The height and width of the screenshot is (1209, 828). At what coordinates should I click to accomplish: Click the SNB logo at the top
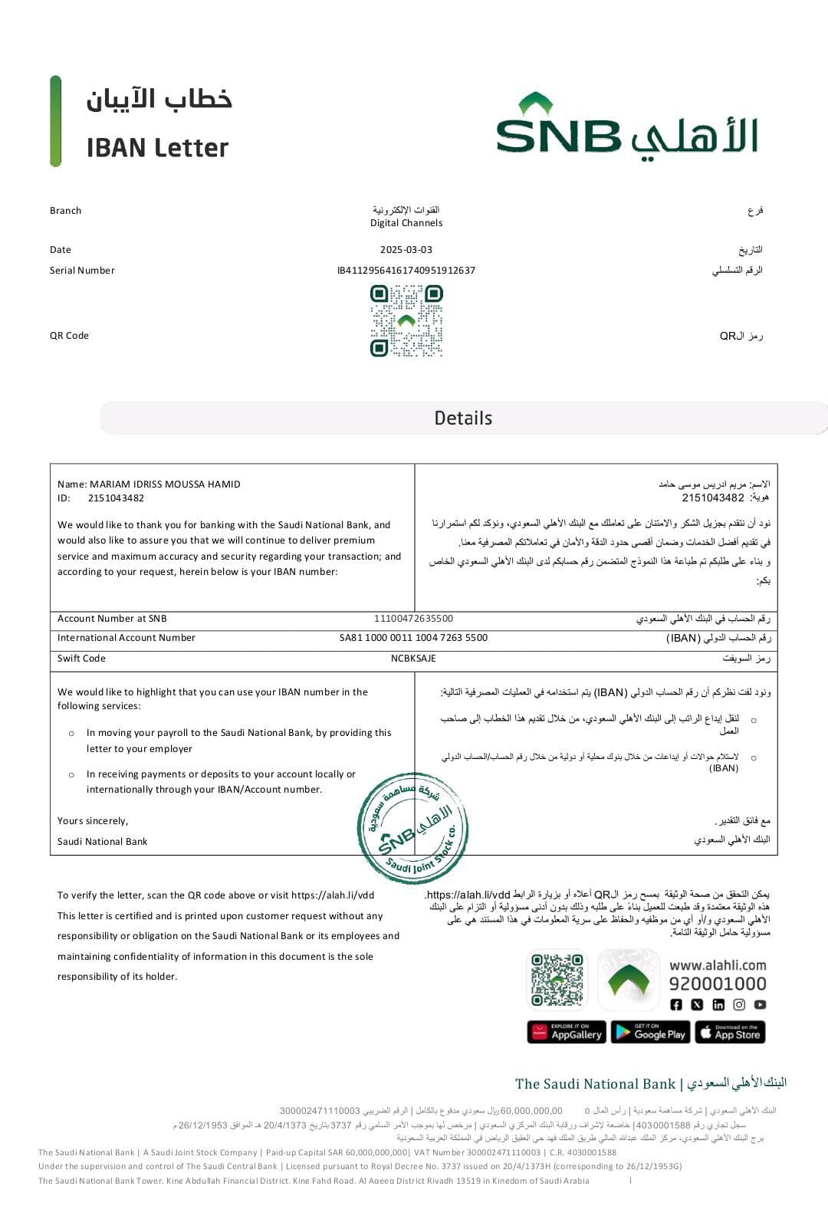626,126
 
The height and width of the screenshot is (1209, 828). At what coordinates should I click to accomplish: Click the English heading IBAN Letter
157,148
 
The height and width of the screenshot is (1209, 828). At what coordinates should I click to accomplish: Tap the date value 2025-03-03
406,250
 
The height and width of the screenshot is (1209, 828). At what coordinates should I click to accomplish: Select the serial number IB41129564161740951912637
406,271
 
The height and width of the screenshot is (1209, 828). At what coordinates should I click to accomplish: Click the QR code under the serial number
406,321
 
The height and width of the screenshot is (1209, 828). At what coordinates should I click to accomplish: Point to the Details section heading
463,418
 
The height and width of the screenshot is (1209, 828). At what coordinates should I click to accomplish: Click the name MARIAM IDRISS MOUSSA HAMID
165,485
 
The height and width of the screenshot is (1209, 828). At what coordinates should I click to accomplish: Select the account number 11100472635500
413,619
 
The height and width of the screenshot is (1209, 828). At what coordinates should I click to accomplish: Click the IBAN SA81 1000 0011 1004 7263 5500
413,638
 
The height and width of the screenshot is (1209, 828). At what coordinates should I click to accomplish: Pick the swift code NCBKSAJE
413,659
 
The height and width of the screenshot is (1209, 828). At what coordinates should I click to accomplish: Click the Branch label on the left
65,211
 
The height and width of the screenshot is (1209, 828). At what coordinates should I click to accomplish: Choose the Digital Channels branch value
406,223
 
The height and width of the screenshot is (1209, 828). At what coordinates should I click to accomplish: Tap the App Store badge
730,1033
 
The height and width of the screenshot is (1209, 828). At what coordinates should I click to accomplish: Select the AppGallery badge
567,1033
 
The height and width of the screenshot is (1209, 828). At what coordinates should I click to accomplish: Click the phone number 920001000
718,984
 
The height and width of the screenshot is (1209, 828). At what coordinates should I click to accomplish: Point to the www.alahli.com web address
718,965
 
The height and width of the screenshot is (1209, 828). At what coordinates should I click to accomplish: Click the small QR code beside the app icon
557,979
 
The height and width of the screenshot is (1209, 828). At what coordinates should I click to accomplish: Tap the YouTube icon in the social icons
760,1004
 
